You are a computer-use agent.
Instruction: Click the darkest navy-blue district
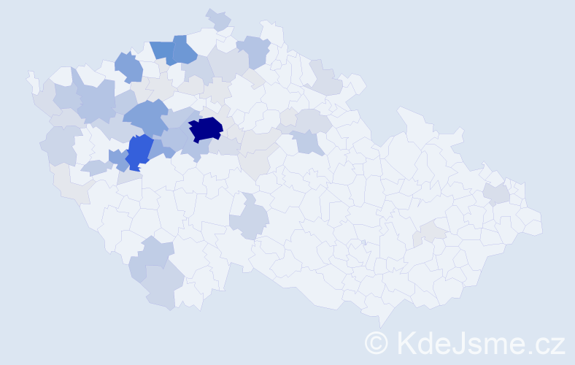click(x=205, y=128)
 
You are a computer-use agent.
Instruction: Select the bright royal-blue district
click(x=139, y=151)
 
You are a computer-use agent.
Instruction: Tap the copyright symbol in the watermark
click(x=377, y=342)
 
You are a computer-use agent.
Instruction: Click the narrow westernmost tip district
click(x=31, y=80)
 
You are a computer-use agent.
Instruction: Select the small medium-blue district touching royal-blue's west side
click(x=117, y=157)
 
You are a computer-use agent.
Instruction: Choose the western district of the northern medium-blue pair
click(x=163, y=51)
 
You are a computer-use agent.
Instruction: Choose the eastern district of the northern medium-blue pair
click(x=183, y=49)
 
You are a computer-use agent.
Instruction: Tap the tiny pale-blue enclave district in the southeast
click(x=363, y=242)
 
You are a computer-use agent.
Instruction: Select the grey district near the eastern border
click(x=496, y=193)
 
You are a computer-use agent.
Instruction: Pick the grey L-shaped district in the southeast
click(x=431, y=232)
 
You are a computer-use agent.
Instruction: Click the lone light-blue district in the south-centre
click(x=250, y=219)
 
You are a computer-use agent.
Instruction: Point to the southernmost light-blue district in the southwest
click(x=162, y=288)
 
